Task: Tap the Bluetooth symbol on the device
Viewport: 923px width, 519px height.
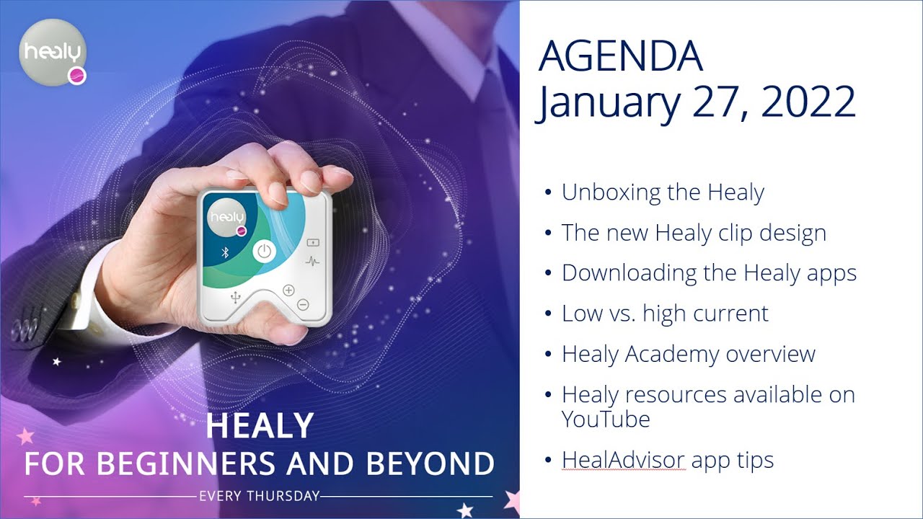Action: (224, 252)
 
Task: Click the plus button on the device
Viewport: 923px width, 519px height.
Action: (289, 290)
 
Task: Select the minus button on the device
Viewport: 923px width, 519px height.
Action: (303, 304)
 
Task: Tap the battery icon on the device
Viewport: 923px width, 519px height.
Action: (313, 242)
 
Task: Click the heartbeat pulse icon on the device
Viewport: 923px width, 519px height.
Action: (313, 261)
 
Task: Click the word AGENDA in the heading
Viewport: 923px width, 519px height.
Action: (621, 57)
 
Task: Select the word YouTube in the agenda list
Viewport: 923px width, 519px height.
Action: (606, 420)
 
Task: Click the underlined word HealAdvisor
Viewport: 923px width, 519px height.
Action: (623, 461)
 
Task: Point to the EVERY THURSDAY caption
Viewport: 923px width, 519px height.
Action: (258, 496)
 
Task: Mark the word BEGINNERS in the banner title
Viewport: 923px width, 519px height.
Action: (190, 463)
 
